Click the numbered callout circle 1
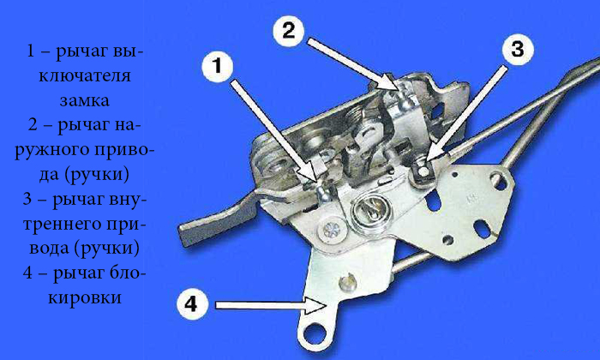(x=218, y=66)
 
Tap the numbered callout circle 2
(x=289, y=30)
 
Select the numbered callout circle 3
(x=518, y=50)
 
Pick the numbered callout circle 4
(x=192, y=304)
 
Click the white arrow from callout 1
(x=274, y=130)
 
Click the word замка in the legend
(x=85, y=100)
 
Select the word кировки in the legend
(x=85, y=297)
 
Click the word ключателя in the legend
(x=85, y=75)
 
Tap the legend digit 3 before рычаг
(x=27, y=199)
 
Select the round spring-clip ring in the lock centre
(x=368, y=213)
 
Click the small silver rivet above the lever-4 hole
(x=347, y=282)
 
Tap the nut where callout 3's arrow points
(x=423, y=171)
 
